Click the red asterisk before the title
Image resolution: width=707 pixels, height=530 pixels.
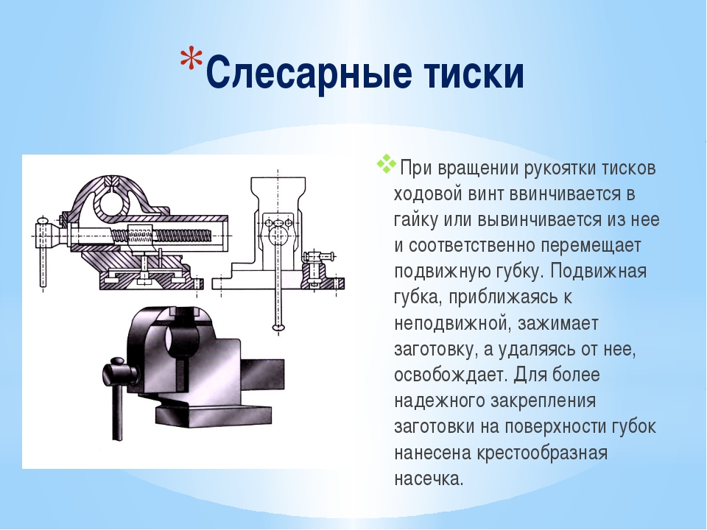pos(191,57)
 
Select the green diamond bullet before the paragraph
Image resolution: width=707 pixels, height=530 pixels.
pos(387,163)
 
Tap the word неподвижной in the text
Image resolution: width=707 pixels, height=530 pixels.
pos(451,324)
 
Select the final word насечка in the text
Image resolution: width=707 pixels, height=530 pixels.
pos(429,478)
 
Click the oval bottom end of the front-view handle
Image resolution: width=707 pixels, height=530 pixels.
pos(278,327)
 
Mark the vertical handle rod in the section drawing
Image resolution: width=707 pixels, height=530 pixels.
pos(43,261)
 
